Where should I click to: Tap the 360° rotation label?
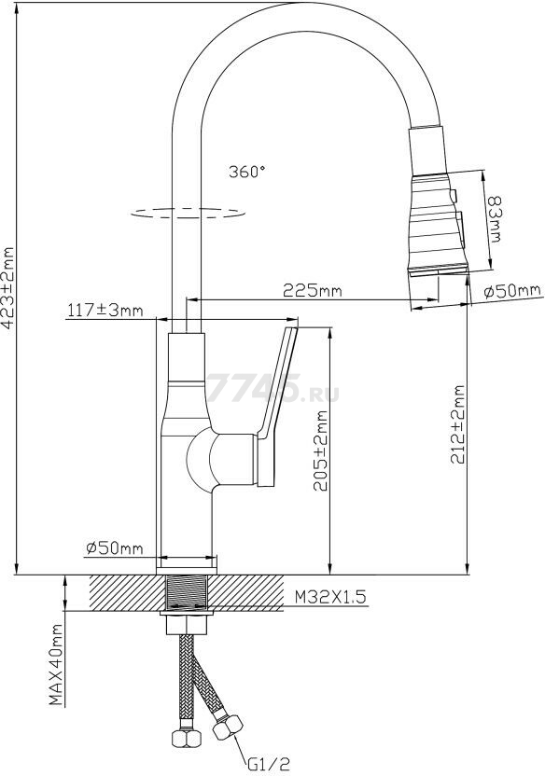(x=246, y=172)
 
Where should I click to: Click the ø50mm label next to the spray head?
(x=512, y=292)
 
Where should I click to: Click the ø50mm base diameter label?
(x=114, y=548)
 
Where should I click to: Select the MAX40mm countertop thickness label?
(x=57, y=678)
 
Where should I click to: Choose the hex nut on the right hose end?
(x=228, y=725)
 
